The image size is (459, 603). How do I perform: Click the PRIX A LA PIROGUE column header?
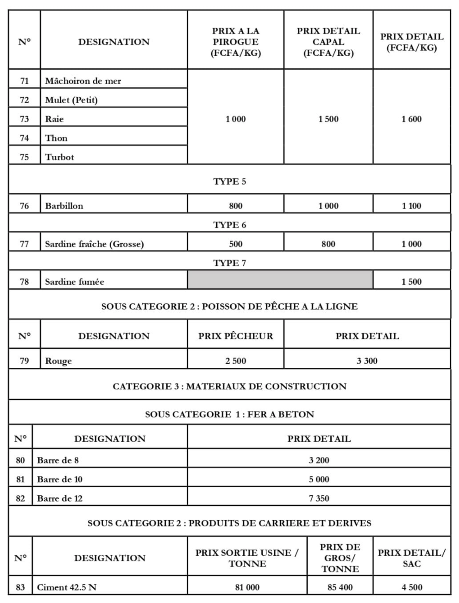(x=236, y=42)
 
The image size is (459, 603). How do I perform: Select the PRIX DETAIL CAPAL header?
(x=328, y=42)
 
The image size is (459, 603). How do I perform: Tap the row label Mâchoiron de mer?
(x=83, y=81)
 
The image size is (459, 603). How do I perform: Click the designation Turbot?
(x=59, y=157)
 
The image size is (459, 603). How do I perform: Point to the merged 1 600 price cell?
(x=411, y=119)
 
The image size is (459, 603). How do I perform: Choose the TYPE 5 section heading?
(x=229, y=181)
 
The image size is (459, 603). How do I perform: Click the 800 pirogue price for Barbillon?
(x=236, y=206)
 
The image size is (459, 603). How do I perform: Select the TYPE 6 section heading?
(x=229, y=225)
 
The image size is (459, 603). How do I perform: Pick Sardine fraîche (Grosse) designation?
(x=94, y=244)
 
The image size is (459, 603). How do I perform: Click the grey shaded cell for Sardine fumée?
(x=280, y=280)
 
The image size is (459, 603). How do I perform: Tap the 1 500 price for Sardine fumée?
(x=411, y=281)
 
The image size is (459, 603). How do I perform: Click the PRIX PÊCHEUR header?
(x=236, y=336)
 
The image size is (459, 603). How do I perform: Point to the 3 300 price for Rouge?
(x=367, y=361)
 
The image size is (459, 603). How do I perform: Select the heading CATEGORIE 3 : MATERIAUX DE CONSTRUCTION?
(x=229, y=386)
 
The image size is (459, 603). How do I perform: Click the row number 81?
(x=20, y=479)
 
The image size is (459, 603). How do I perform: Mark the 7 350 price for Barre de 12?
(x=319, y=498)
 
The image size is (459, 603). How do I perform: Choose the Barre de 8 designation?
(x=58, y=460)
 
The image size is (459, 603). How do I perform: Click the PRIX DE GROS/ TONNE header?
(x=340, y=558)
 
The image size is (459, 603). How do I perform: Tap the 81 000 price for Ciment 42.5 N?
(x=247, y=587)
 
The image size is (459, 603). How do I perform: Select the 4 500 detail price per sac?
(x=411, y=587)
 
